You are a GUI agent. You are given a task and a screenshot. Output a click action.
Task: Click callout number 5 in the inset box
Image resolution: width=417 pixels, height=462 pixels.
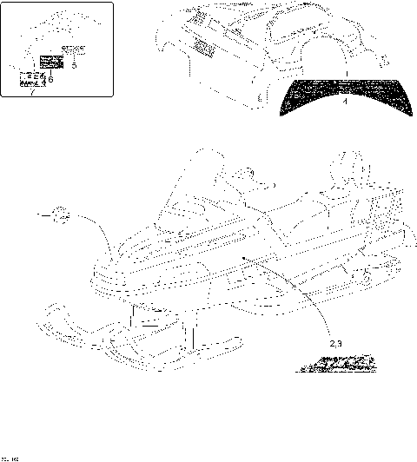[x=75, y=64]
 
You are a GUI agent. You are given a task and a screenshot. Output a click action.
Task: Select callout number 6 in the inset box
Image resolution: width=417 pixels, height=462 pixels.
[x=51, y=80]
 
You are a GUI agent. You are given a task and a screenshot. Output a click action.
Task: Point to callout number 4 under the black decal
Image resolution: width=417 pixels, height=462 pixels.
[x=345, y=102]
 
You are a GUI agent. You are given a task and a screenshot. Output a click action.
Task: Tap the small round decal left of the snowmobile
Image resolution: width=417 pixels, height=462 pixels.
[x=59, y=213]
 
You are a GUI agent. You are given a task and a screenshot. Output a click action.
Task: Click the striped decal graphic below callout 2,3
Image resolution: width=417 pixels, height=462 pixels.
[x=336, y=363]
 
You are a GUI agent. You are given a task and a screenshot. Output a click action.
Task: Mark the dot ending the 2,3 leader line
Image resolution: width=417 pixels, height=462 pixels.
[x=245, y=257]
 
